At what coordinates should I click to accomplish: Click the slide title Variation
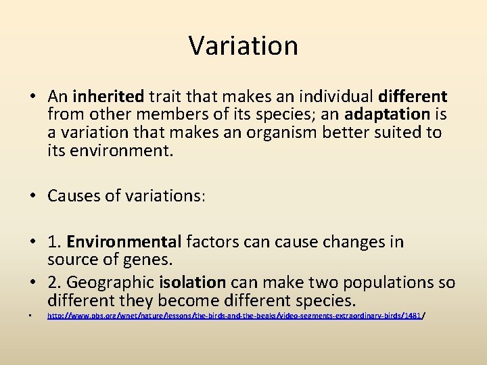(243, 46)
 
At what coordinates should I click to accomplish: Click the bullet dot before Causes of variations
(32, 196)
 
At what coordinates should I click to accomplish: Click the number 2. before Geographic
(55, 281)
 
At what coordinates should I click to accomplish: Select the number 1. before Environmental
(55, 242)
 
